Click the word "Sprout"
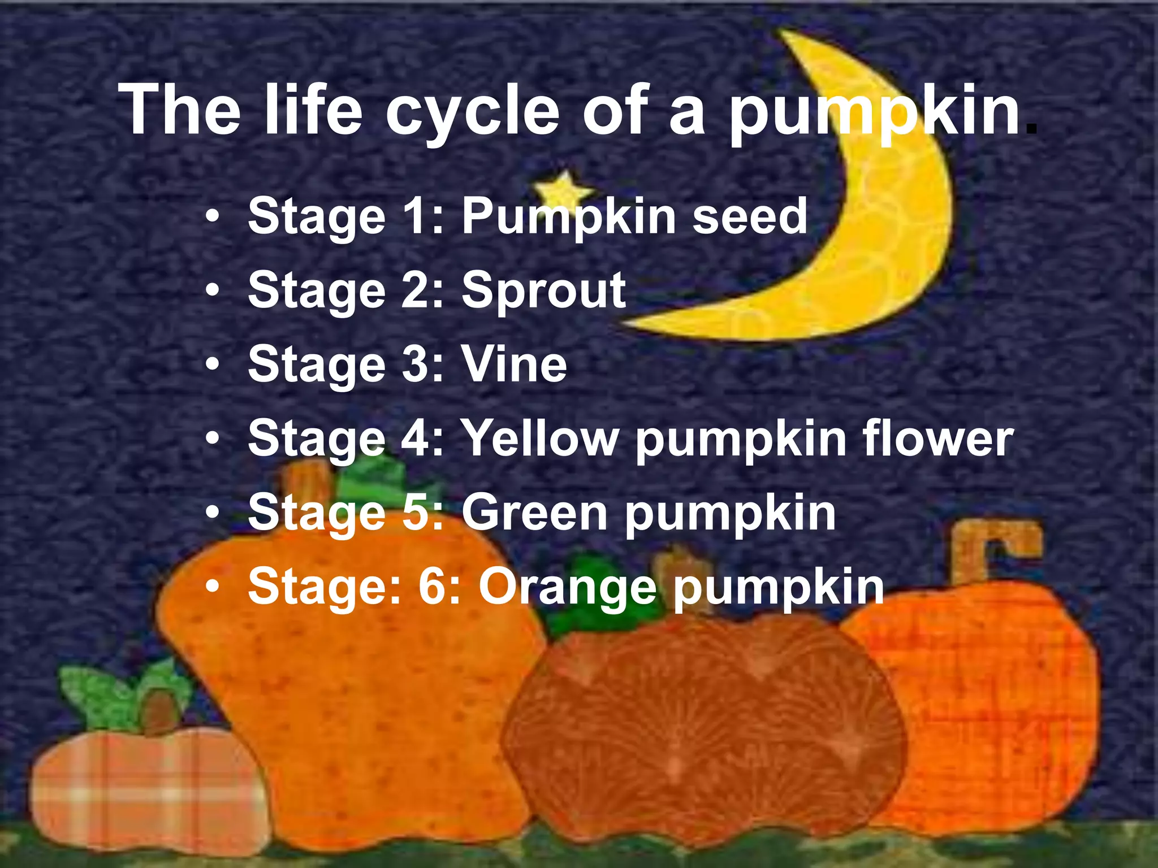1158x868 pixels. point(543,290)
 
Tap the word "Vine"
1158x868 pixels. point(514,364)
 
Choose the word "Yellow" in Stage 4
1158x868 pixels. point(541,439)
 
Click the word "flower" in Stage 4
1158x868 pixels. point(938,439)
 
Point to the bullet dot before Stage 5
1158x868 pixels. point(212,513)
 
